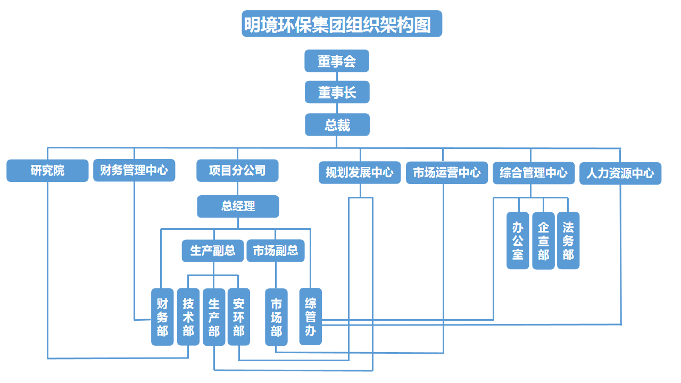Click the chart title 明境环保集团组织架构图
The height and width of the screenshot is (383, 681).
342,24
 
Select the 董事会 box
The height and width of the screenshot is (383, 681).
337,61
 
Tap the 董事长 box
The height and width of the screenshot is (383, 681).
337,93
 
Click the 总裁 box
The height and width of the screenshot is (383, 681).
337,124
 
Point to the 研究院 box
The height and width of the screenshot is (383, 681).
47,171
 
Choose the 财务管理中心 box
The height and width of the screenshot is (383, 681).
134,170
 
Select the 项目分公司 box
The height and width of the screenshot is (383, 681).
237,171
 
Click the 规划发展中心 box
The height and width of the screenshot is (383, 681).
360,172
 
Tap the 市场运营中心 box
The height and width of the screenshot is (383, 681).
446,172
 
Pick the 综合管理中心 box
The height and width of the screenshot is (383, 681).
534,172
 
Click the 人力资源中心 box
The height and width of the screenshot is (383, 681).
620,173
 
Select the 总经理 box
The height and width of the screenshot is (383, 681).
238,206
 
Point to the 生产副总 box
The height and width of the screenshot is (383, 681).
213,251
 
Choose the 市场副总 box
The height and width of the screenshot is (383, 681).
276,251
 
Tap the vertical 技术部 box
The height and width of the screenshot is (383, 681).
188,317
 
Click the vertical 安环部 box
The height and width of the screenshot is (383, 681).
239,317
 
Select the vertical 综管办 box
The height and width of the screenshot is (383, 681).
311,317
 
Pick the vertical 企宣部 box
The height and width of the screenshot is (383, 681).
543,241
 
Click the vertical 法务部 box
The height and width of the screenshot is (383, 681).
568,240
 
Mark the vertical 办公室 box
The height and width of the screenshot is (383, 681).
518,240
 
